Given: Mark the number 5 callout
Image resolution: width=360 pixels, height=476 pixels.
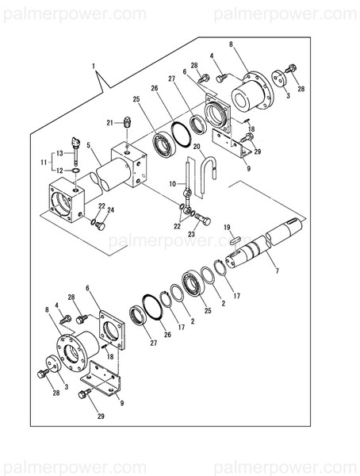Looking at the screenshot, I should [x=89, y=146].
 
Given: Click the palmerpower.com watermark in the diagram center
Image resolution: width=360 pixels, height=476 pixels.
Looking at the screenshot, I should [x=180, y=240].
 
